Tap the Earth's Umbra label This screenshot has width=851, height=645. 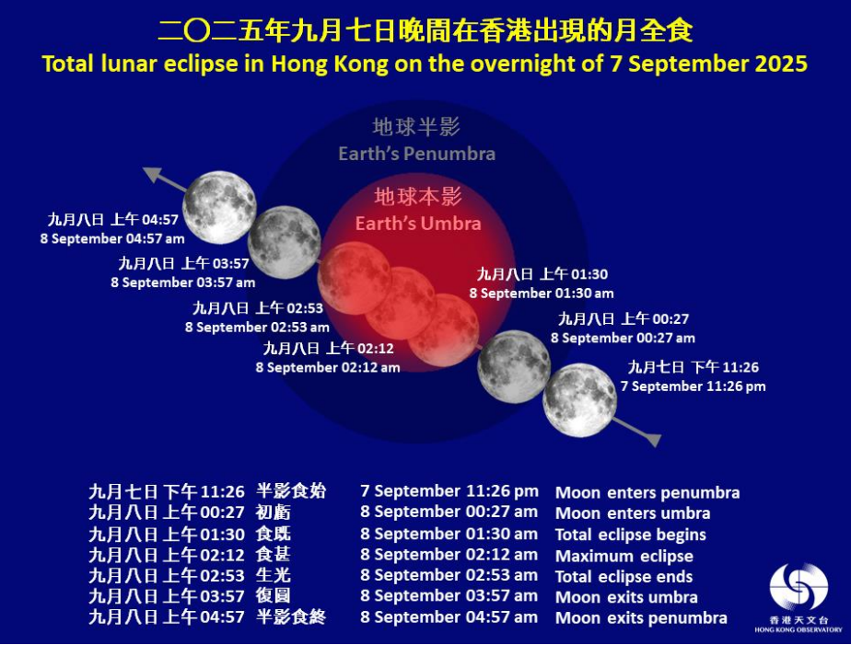pyautogui.click(x=418, y=224)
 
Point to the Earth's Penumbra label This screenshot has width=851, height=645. pyautogui.click(x=417, y=154)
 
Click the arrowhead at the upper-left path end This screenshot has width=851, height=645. pyautogui.click(x=151, y=175)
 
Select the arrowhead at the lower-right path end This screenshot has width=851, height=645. pyautogui.click(x=652, y=439)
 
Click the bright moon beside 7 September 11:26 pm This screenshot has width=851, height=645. pyautogui.click(x=579, y=400)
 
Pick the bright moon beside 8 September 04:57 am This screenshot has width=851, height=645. pyautogui.click(x=219, y=207)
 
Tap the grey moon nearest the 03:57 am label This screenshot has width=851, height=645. pyautogui.click(x=285, y=242)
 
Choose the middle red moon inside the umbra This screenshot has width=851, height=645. pyautogui.click(x=400, y=303)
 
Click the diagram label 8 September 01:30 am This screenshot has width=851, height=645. pyautogui.click(x=542, y=294)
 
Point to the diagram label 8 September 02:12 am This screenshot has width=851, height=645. pyautogui.click(x=328, y=367)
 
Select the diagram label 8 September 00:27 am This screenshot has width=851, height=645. pyautogui.click(x=623, y=338)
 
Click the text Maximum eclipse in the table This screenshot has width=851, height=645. pyautogui.click(x=624, y=556)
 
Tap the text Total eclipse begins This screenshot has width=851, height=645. pyautogui.click(x=631, y=535)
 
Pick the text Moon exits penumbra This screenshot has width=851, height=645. pyautogui.click(x=641, y=618)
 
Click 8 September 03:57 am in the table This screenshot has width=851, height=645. pyautogui.click(x=449, y=595)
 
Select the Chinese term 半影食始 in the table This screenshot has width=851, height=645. pyautogui.click(x=291, y=491)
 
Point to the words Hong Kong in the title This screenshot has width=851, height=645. pyautogui.click(x=330, y=64)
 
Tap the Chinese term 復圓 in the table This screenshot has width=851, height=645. pyautogui.click(x=273, y=596)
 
